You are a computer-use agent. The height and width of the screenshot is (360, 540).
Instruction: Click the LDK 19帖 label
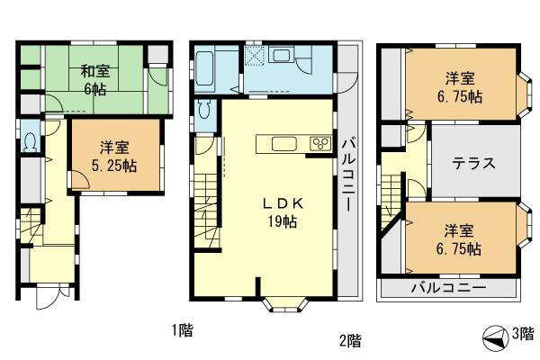point(280,211)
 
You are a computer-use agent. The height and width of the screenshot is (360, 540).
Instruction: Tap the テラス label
point(474,164)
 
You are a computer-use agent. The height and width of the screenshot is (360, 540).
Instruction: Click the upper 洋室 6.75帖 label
point(459,85)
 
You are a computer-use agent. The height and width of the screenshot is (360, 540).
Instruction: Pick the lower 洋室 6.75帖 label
point(459,238)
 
